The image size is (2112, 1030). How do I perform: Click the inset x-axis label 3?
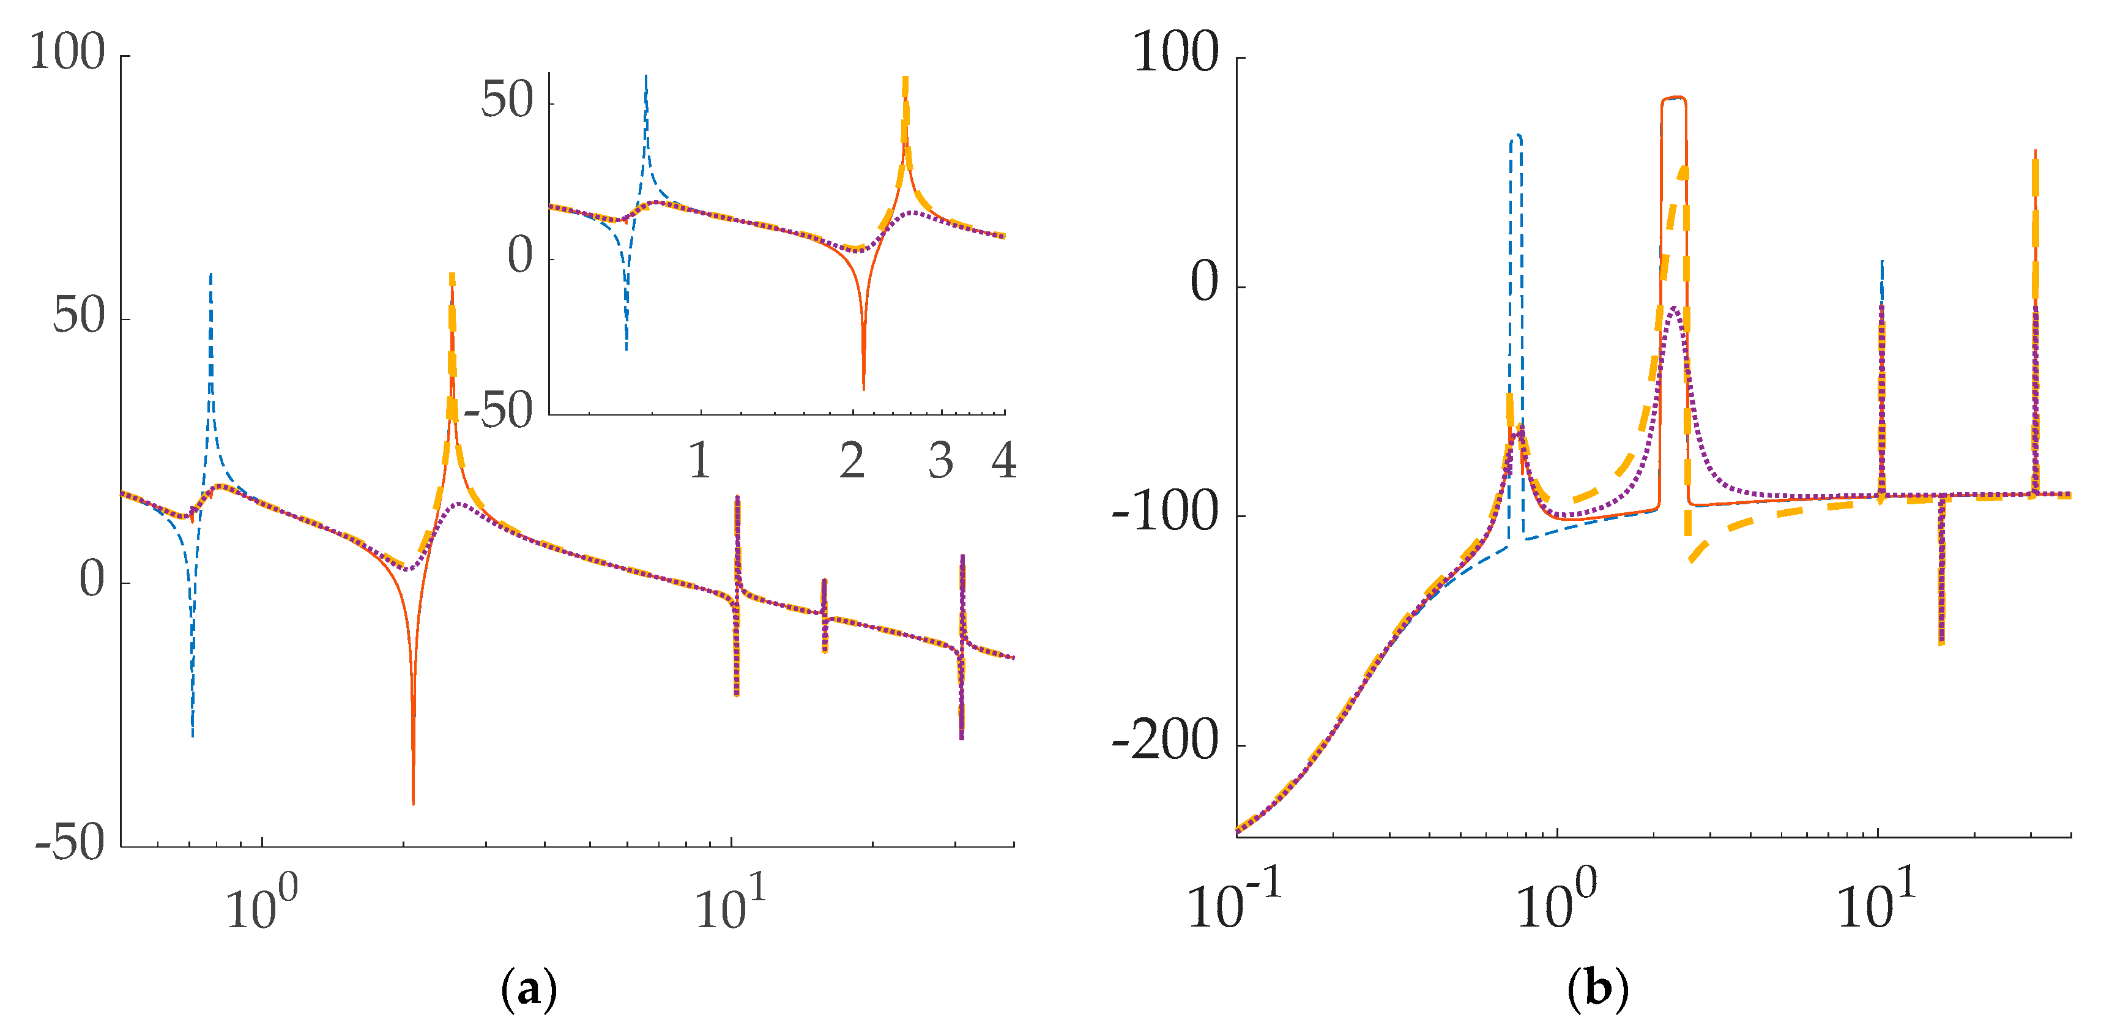pyautogui.click(x=940, y=461)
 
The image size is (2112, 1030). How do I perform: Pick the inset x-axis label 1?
pyautogui.click(x=699, y=461)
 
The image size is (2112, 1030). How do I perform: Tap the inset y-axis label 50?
pyautogui.click(x=507, y=102)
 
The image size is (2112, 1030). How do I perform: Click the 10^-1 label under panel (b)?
pyautogui.click(x=1235, y=902)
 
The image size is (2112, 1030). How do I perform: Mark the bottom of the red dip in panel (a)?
pyautogui.click(x=413, y=802)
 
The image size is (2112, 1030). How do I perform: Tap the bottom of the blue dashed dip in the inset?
pyautogui.click(x=627, y=348)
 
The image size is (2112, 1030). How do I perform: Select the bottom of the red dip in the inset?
pyautogui.click(x=863, y=387)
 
